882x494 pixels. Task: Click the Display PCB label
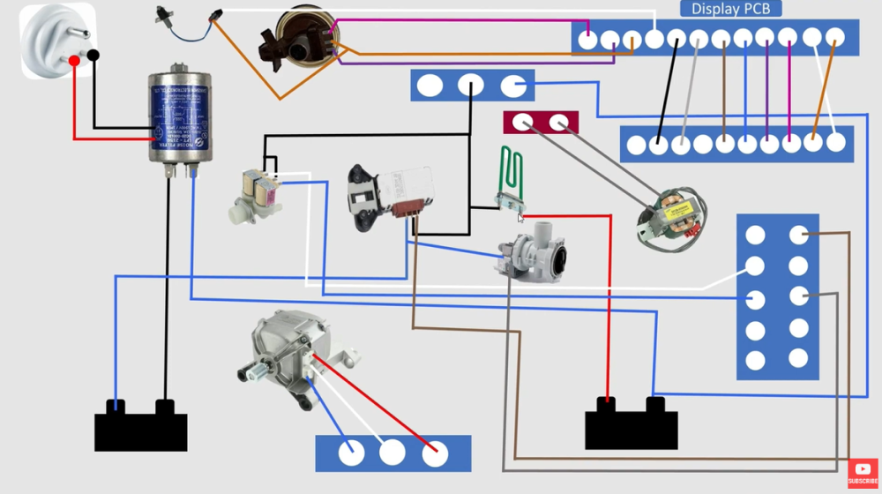click(730, 9)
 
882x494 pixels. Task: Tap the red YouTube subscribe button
click(862, 474)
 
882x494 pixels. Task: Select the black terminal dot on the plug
click(93, 55)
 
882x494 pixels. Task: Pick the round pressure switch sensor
click(295, 40)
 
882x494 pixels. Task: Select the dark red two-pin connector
click(541, 122)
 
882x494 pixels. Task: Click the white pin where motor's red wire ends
click(433, 453)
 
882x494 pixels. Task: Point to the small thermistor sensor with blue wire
click(165, 15)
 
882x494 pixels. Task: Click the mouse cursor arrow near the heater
click(521, 217)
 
